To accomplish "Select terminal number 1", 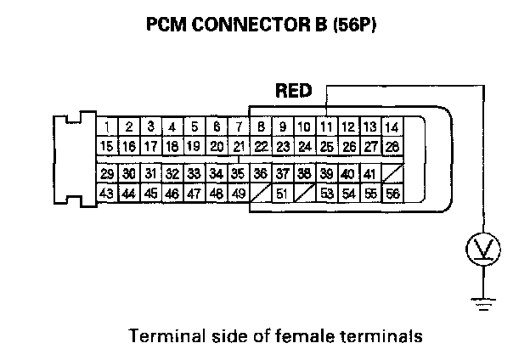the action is (106, 127).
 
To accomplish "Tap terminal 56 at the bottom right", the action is (392, 193).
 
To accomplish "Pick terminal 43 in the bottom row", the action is (106, 193).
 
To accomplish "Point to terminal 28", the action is (392, 146).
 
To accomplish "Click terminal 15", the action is (106, 146).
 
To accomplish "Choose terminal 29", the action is (106, 174).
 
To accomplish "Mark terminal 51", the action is (282, 193).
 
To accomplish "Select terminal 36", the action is (260, 174).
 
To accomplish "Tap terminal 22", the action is (261, 146).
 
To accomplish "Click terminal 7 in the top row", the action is (239, 127).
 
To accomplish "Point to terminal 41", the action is (369, 174).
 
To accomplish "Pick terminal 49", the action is (239, 193).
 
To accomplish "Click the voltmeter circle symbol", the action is (483, 249).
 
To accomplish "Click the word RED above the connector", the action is (294, 90).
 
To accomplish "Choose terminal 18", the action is (172, 146).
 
